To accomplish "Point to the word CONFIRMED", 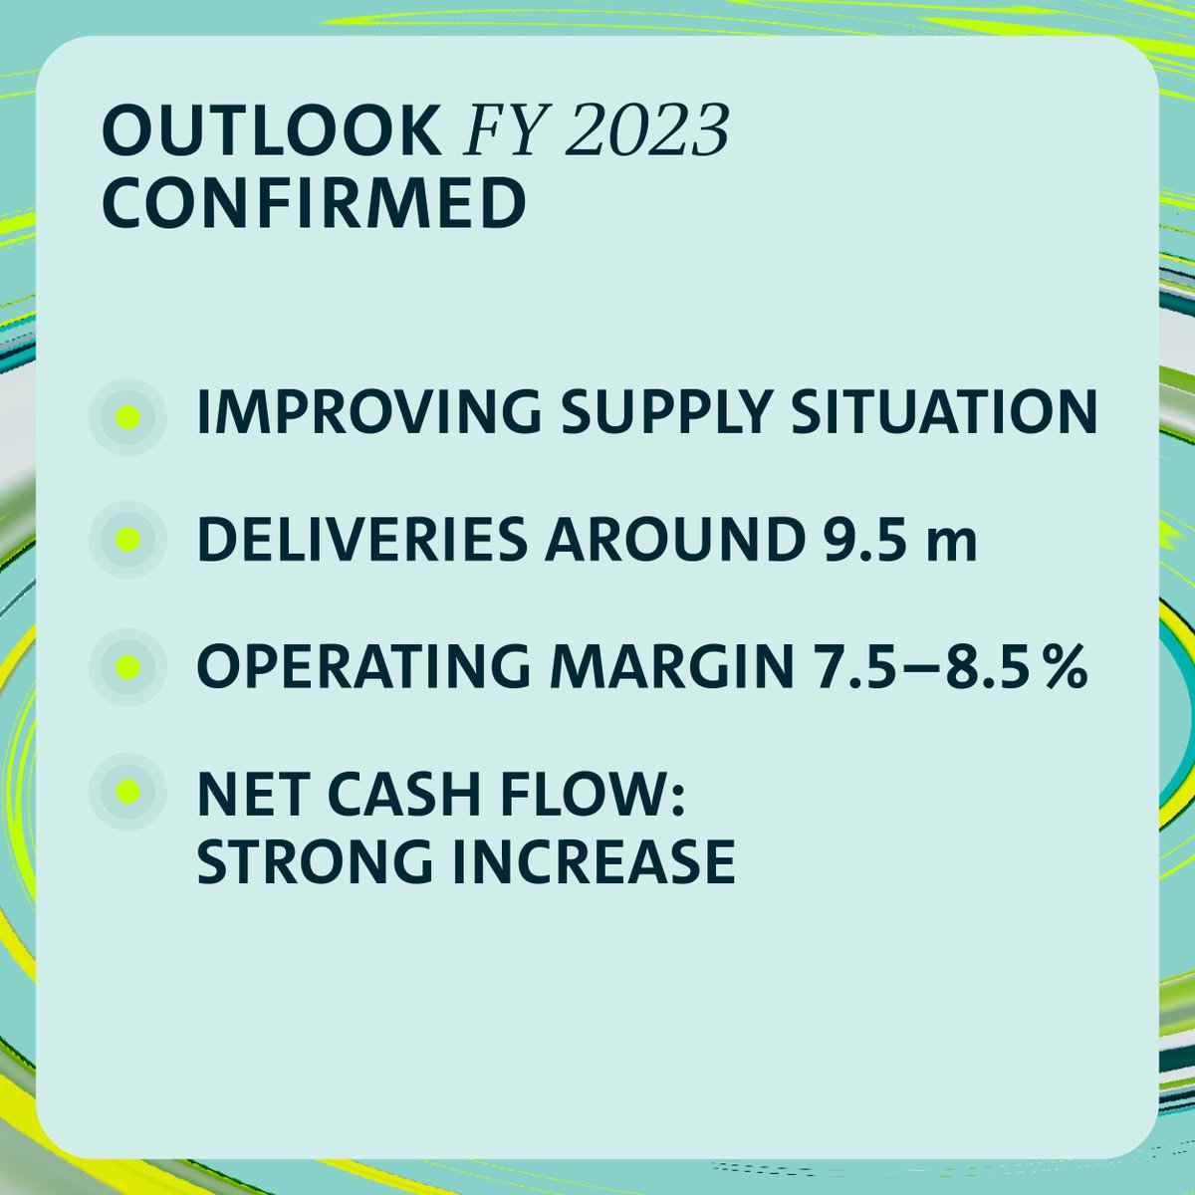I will tap(314, 204).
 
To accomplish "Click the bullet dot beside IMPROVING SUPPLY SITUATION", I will tap(126, 416).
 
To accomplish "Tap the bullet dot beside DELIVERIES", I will tap(126, 541).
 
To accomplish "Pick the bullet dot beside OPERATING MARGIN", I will tap(126, 666).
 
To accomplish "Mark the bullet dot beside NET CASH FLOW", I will tap(126, 793).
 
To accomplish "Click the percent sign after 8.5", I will tap(1064, 664).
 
